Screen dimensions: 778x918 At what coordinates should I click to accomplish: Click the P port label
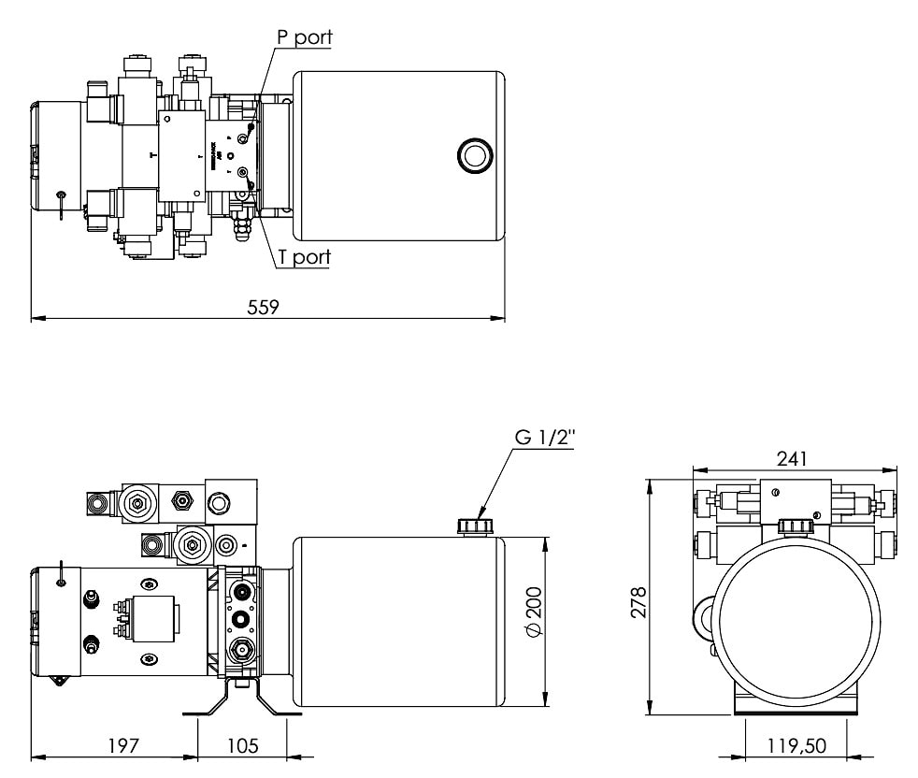coord(304,38)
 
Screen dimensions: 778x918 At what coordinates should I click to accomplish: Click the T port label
coord(304,257)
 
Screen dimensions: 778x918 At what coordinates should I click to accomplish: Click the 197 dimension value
coord(122,745)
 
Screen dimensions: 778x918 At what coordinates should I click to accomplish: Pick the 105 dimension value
coord(242,745)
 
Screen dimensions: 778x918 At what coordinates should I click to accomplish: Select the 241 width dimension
coord(791,458)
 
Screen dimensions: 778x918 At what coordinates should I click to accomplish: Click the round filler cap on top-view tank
coord(473,153)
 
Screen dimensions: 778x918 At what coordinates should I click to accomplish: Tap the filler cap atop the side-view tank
coord(474,526)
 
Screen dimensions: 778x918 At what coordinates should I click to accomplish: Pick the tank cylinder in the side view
coord(399,622)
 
